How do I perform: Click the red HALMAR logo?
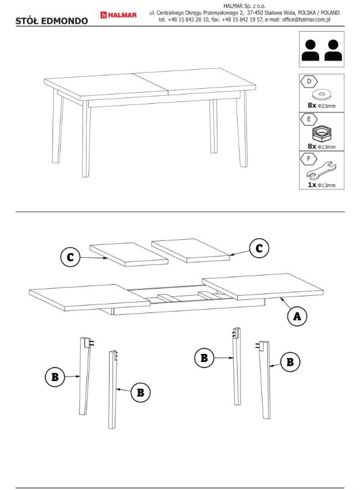(118, 15)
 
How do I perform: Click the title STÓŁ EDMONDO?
(51, 21)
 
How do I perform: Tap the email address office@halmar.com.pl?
(306, 20)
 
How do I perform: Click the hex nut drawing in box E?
(321, 133)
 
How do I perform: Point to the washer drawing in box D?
(321, 94)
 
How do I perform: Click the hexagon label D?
(309, 81)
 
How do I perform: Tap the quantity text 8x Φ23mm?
(321, 105)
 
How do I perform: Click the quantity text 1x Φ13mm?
(321, 184)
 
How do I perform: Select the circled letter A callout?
(297, 316)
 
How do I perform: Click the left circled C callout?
(70, 257)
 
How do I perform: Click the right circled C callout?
(259, 248)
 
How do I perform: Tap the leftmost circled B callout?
(55, 376)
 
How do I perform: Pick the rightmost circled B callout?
(290, 362)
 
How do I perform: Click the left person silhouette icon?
(310, 50)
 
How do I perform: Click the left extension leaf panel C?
(129, 254)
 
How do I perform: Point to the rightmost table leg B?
(264, 380)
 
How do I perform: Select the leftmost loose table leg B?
(85, 376)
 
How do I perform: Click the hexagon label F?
(309, 159)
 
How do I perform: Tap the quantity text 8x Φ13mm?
(321, 146)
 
